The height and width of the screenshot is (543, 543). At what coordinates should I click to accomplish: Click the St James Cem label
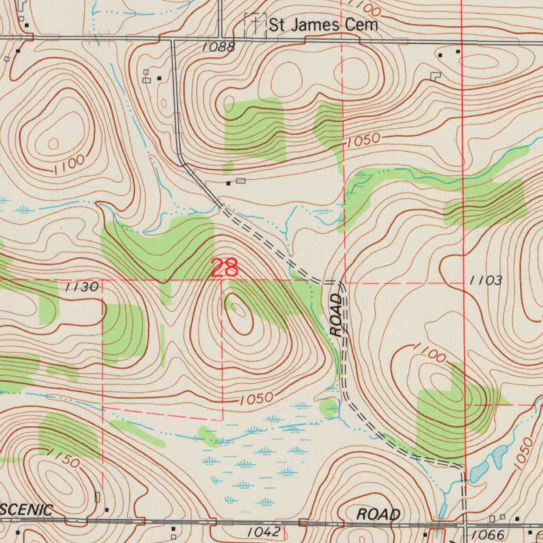pyautogui.click(x=323, y=24)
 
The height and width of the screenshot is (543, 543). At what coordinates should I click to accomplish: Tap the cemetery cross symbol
pyautogui.click(x=255, y=24)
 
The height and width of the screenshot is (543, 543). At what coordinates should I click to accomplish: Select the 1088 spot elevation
pyautogui.click(x=218, y=47)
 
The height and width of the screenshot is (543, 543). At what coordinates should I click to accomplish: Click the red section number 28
pyautogui.click(x=225, y=268)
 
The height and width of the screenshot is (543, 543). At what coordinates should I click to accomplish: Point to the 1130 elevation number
pyautogui.click(x=82, y=287)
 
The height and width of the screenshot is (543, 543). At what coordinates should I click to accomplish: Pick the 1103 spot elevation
pyautogui.click(x=486, y=281)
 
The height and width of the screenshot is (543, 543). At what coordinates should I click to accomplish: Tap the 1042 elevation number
pyautogui.click(x=263, y=532)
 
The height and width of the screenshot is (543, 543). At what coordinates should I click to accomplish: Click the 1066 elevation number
pyautogui.click(x=487, y=535)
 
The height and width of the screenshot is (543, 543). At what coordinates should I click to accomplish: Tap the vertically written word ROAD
pyautogui.click(x=337, y=316)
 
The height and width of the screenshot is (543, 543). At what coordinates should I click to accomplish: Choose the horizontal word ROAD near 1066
pyautogui.click(x=378, y=514)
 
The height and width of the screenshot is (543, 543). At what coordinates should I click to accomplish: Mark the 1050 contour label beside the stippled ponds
pyautogui.click(x=524, y=451)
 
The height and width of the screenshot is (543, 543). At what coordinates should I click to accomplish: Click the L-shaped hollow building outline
pyautogui.click(x=435, y=76)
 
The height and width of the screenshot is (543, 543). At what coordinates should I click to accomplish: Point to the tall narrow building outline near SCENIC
pyautogui.click(x=97, y=497)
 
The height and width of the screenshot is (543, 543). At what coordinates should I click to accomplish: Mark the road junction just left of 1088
pyautogui.click(x=172, y=39)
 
